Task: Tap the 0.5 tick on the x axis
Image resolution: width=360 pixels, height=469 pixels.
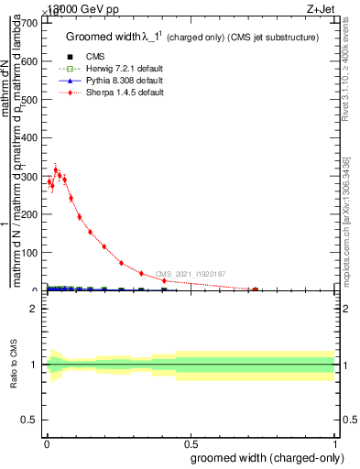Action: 190,443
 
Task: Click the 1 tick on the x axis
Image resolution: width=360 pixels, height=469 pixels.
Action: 335,443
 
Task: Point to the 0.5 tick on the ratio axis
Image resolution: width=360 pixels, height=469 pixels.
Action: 30,420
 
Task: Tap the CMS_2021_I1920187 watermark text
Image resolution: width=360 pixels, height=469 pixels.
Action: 190,274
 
